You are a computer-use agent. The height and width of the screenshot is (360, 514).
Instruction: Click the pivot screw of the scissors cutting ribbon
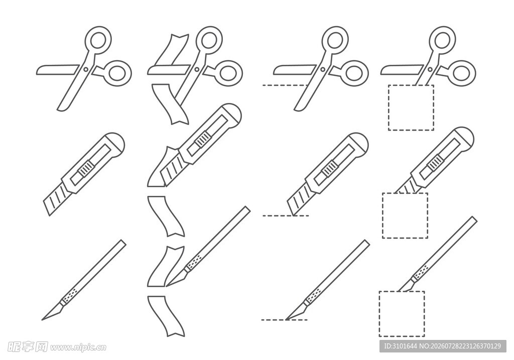coord(197,69)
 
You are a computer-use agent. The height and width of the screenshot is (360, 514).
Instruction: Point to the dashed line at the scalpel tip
coord(285,320)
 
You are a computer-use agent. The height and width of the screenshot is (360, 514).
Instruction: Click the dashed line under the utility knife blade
coord(286,216)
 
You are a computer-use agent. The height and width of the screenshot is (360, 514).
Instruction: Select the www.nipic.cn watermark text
coord(78,347)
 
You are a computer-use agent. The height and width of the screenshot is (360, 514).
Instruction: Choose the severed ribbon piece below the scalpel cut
coord(166,316)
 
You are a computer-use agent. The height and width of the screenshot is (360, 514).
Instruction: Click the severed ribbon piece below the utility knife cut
coord(166,216)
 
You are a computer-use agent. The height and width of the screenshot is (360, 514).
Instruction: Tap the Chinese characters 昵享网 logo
coord(28,347)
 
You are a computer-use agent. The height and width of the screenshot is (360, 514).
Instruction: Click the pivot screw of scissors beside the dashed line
coord(323,69)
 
